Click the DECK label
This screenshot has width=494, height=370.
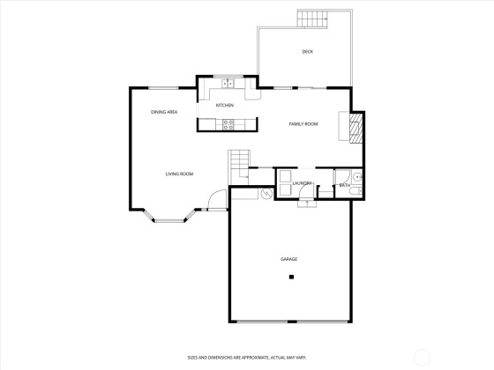point(308,52)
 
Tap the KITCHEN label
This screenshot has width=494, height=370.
point(225,105)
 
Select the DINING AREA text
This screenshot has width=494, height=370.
point(164,112)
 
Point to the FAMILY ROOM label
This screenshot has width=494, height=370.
point(303,124)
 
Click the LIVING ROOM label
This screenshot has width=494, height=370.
point(179,174)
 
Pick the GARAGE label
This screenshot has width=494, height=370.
point(289,259)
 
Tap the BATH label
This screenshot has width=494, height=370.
point(345,185)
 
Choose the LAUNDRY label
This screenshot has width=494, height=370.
point(302,183)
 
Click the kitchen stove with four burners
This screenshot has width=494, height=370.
point(228,124)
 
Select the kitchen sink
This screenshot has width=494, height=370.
point(228,84)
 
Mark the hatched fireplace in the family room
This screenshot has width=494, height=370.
point(356,129)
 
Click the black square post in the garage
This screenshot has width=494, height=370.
point(291,277)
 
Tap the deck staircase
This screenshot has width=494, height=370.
point(312,18)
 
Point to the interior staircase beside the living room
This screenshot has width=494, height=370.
point(239,167)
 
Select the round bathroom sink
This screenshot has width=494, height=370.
point(357,177)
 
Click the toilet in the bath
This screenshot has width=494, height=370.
point(356,191)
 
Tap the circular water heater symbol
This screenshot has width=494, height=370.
point(267,194)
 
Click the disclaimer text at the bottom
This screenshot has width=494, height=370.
point(247,358)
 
